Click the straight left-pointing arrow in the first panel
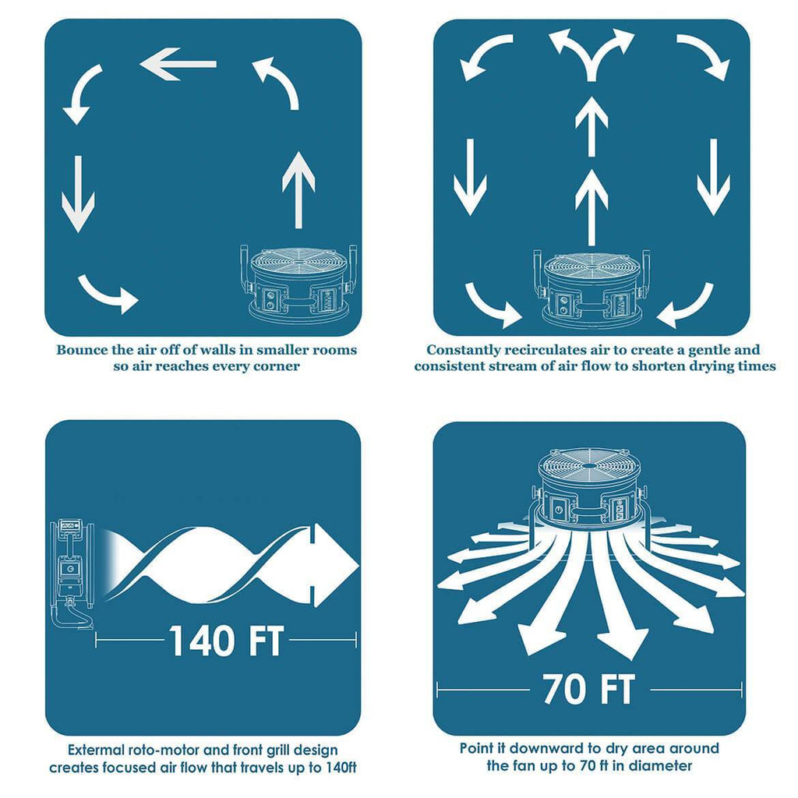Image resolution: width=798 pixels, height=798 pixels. (x=178, y=64)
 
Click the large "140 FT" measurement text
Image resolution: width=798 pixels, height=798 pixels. (x=226, y=641)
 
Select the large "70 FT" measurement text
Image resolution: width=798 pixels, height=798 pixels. (x=589, y=689)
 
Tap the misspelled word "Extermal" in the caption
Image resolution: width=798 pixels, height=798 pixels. (x=95, y=750)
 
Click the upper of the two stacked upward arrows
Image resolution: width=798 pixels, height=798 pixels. (x=591, y=126)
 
